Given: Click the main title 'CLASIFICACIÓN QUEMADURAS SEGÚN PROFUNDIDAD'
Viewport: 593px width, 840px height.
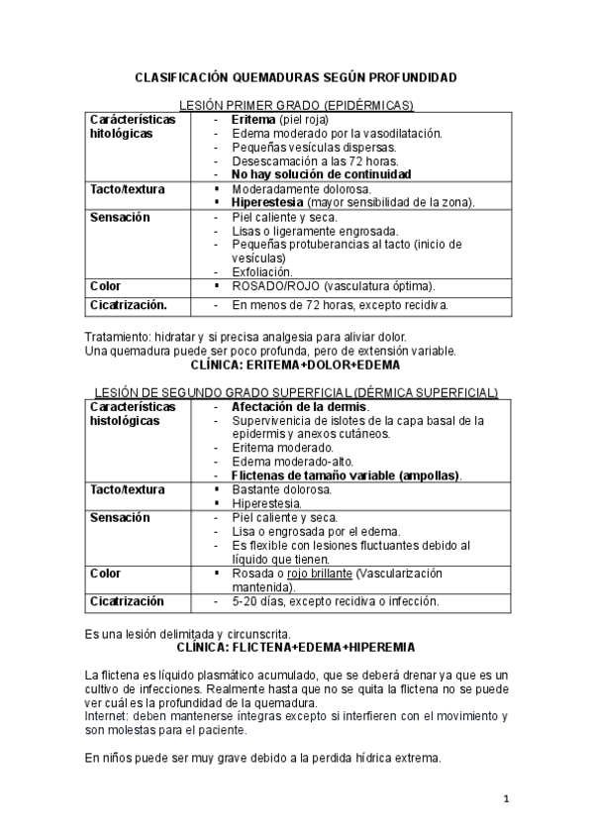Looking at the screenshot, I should (x=296, y=76).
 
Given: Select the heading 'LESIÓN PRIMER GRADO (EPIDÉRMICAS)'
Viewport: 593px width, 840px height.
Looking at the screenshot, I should (x=295, y=105).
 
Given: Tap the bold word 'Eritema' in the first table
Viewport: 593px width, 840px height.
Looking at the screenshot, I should (x=253, y=119).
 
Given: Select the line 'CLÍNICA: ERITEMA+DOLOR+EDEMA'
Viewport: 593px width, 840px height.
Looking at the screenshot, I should (x=295, y=364).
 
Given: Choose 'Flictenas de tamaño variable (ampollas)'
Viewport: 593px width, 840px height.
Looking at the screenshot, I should (x=346, y=475).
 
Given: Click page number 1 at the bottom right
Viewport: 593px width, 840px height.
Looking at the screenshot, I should (x=505, y=799).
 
